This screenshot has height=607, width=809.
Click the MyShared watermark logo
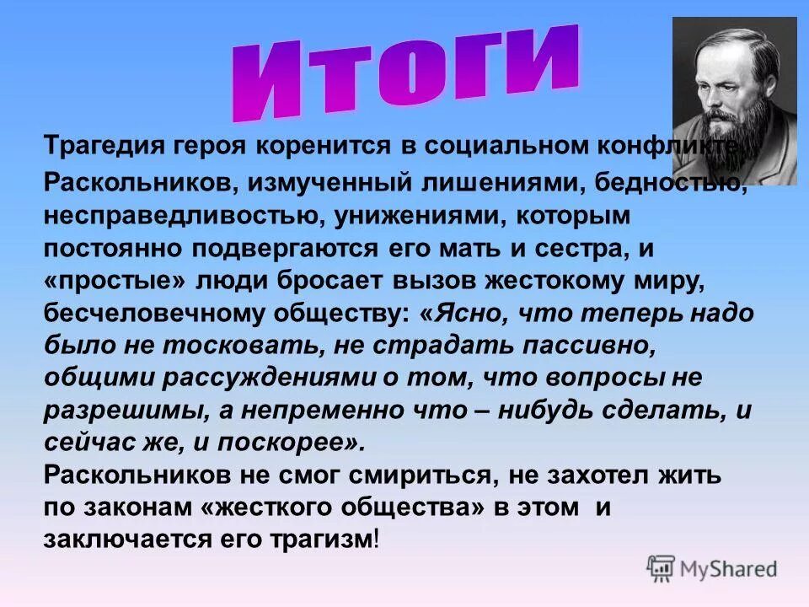[x=711, y=568]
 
